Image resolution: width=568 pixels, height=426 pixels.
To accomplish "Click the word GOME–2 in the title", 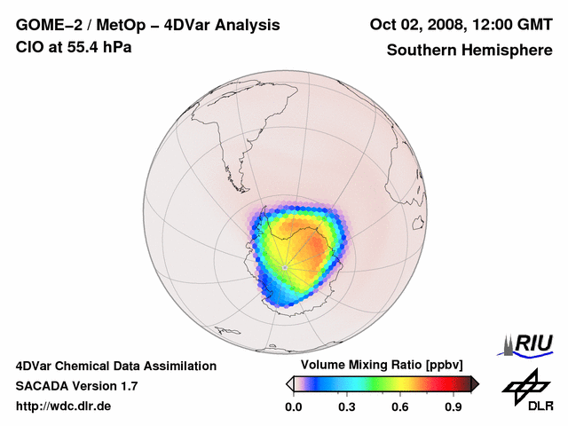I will [x=45, y=24].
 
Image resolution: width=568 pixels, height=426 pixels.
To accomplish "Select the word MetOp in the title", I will [x=119, y=24].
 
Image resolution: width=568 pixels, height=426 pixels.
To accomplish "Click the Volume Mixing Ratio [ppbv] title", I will [x=378, y=365].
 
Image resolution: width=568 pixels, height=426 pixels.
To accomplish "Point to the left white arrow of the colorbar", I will [x=289, y=383].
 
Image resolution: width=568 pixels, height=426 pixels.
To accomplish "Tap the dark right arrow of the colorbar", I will [x=475, y=383].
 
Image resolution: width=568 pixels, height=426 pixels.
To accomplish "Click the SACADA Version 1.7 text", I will [x=76, y=386].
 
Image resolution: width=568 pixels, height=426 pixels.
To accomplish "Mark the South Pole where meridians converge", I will [x=284, y=267].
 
